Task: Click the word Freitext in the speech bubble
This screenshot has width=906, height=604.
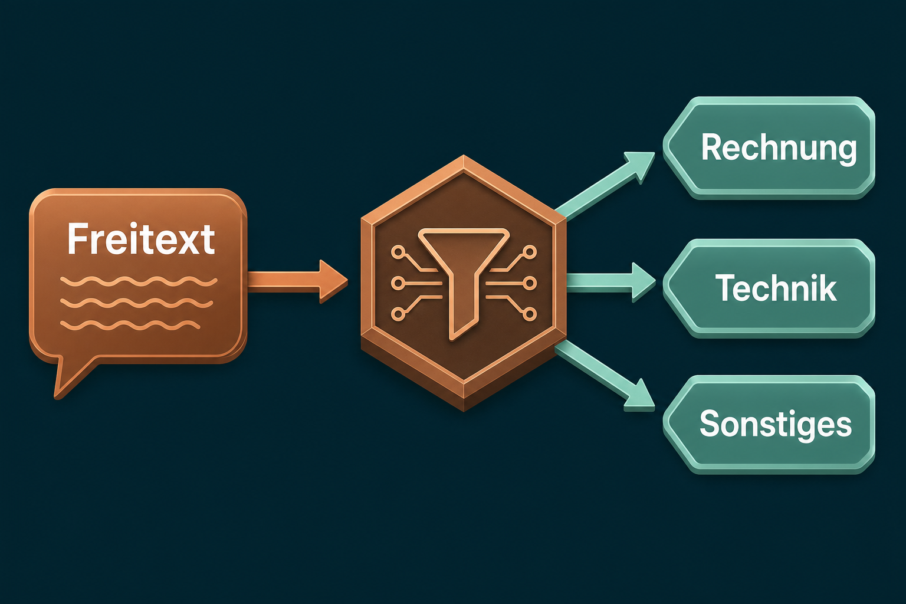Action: [x=141, y=239]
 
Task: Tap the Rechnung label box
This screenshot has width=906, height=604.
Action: [x=769, y=147]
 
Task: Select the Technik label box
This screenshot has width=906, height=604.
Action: [x=769, y=288]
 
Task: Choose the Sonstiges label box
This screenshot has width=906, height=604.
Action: [x=769, y=424]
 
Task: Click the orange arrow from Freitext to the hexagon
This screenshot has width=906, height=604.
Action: [x=297, y=281]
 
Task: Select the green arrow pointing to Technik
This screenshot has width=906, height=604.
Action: [x=610, y=282]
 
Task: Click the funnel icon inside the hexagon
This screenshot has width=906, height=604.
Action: [x=464, y=279]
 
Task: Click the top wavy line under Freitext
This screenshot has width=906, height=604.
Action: [x=139, y=281]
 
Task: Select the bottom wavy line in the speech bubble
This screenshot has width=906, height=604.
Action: [x=130, y=325]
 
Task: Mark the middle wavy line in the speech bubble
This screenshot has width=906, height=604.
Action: [x=137, y=303]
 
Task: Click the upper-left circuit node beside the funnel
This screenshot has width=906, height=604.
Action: [x=398, y=252]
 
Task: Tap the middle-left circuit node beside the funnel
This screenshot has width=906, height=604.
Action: [x=398, y=283]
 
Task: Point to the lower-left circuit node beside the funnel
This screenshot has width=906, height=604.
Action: [x=398, y=314]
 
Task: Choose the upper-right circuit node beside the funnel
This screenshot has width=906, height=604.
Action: [x=530, y=252]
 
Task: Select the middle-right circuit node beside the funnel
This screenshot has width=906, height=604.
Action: [x=530, y=283]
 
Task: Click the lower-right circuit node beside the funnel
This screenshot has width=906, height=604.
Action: [x=530, y=314]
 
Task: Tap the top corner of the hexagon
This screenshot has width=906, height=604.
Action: [x=464, y=155]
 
